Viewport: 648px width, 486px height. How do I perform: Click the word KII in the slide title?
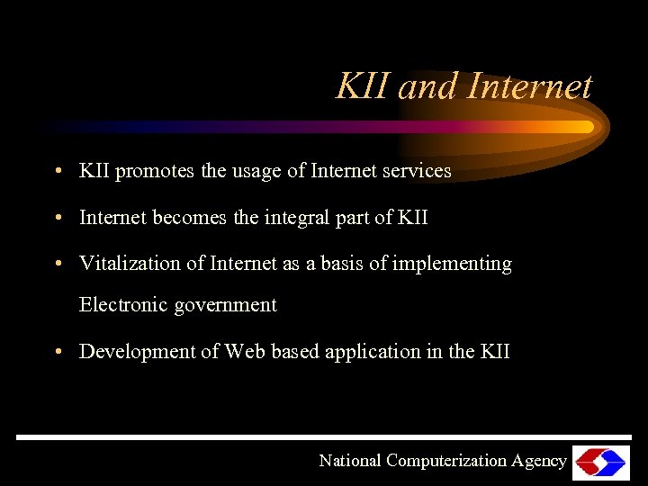point(364,87)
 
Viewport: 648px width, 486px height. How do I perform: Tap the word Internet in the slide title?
point(530,87)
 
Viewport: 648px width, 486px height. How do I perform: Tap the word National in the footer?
point(350,461)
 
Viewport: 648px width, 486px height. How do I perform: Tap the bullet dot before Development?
point(57,352)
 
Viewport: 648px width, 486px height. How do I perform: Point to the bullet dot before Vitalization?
point(57,264)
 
